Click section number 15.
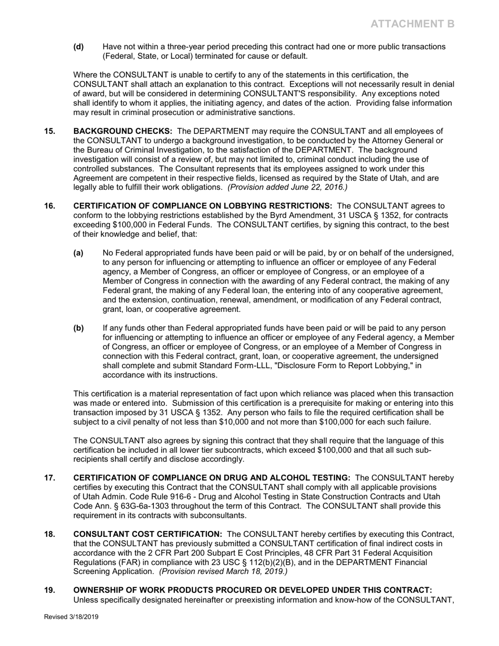(x=49, y=131)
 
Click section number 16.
(x=49, y=206)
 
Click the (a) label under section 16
(x=78, y=253)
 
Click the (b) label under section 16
(x=78, y=328)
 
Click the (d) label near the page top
(x=78, y=47)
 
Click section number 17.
(x=49, y=478)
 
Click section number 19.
(x=49, y=590)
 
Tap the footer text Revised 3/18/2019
(x=71, y=617)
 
